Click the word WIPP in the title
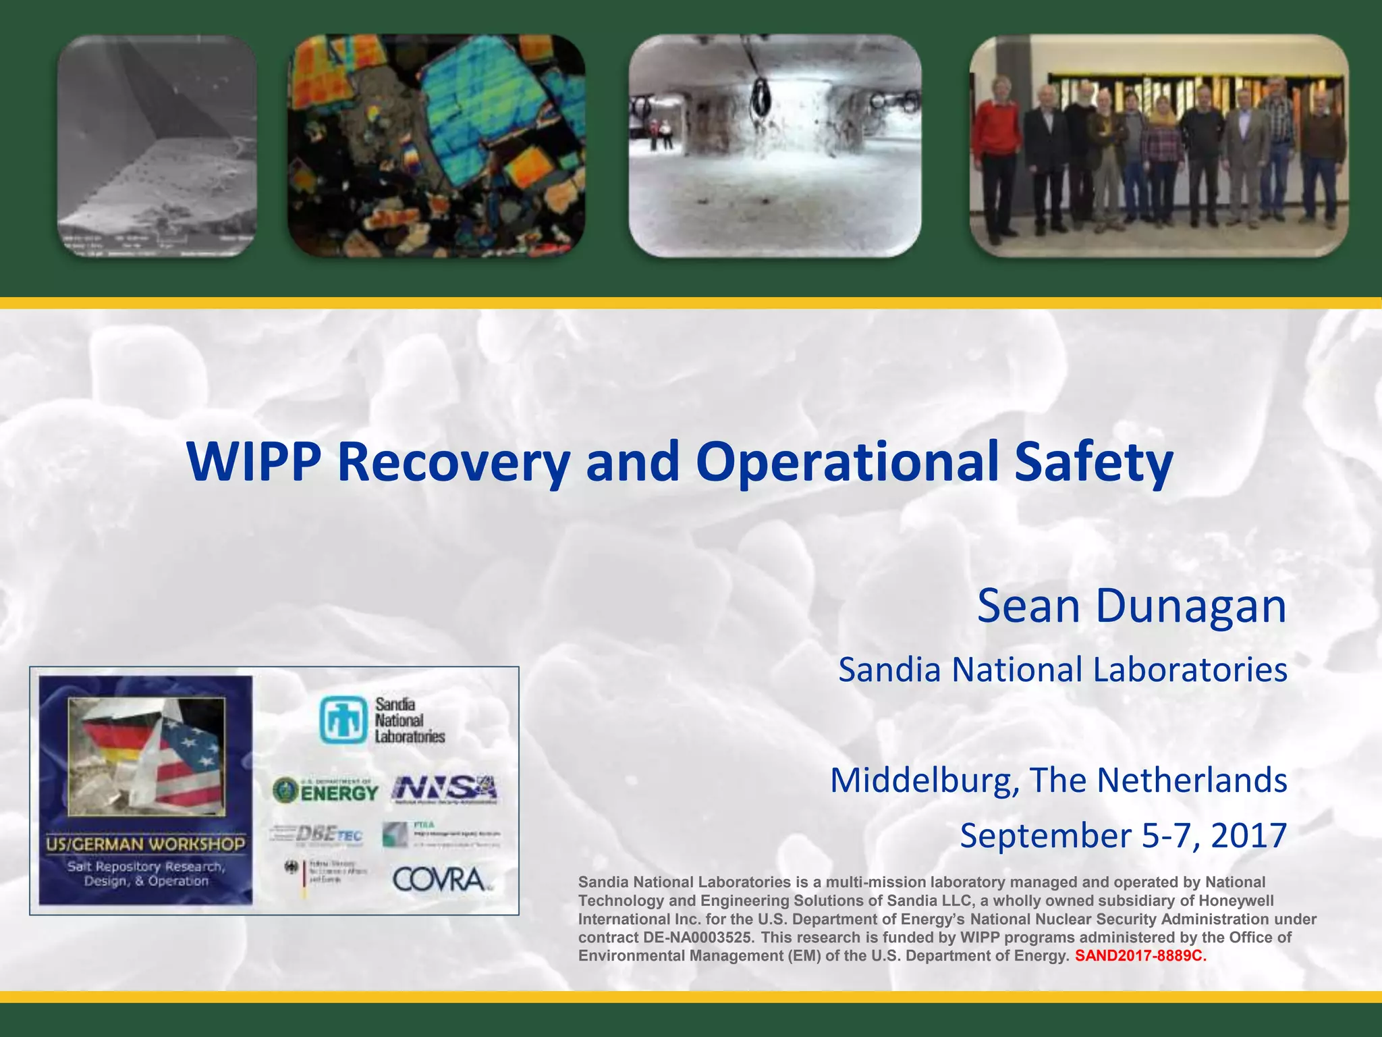(254, 462)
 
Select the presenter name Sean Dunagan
(1131, 606)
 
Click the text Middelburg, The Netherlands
(1058, 780)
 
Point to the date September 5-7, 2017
(1123, 836)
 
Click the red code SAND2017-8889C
(1140, 956)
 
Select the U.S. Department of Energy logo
(325, 790)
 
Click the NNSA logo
(444, 789)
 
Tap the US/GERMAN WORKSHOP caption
(145, 844)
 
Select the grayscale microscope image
(157, 145)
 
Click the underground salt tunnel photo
(775, 145)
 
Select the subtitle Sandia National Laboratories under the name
(1062, 670)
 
